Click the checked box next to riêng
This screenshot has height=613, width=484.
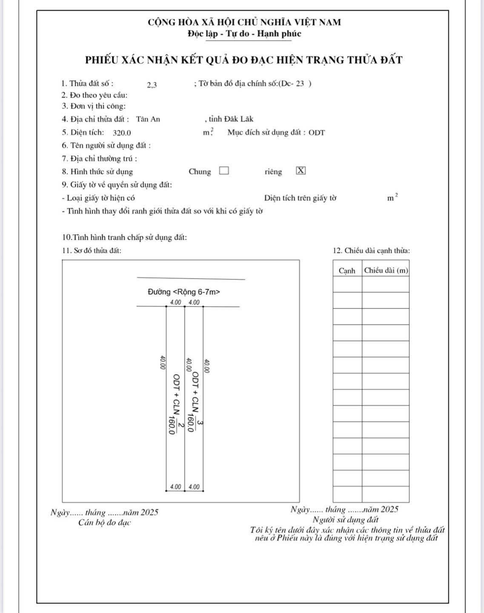click(301, 171)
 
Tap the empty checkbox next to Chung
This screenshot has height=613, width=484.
click(224, 171)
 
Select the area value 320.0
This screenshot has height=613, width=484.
click(122, 133)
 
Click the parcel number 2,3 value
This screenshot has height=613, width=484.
click(152, 85)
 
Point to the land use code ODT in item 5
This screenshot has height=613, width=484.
click(317, 133)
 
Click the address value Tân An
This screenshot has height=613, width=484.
click(148, 119)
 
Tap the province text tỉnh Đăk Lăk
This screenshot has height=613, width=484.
click(231, 119)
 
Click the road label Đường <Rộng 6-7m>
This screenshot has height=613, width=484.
click(183, 292)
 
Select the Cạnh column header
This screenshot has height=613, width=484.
click(347, 271)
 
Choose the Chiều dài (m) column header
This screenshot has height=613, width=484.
click(386, 270)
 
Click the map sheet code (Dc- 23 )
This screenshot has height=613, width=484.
click(295, 84)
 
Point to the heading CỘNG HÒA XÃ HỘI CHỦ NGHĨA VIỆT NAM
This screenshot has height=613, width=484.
click(244, 22)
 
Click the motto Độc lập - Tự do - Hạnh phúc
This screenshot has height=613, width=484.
click(244, 34)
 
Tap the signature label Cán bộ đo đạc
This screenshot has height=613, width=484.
click(104, 523)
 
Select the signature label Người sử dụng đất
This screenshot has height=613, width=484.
click(345, 520)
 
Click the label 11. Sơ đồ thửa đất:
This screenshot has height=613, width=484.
click(92, 251)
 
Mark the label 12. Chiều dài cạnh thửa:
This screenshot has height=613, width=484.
click(371, 251)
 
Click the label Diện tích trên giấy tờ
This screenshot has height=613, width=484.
click(300, 198)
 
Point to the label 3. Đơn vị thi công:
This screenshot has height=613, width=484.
click(94, 106)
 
